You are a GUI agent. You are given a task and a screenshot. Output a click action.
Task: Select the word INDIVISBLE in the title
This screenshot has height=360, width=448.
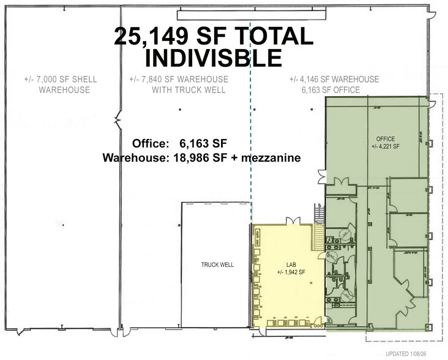[x=212, y=58]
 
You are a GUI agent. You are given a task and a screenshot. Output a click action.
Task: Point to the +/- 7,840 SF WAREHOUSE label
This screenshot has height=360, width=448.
[x=179, y=80]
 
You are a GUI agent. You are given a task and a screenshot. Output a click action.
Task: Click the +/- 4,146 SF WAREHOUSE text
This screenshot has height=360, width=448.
[x=334, y=80]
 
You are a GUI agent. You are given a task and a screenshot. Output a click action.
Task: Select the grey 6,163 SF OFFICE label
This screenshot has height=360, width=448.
[x=334, y=90]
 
